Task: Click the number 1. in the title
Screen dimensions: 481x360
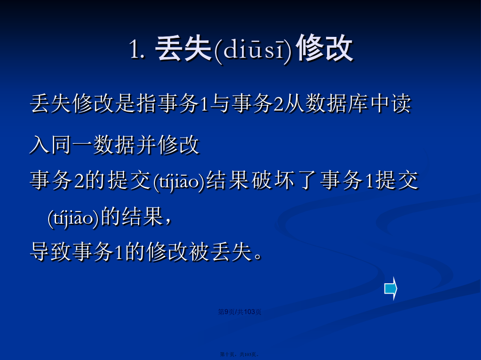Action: (x=137, y=50)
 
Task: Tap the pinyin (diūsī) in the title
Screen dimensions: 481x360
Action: (x=253, y=50)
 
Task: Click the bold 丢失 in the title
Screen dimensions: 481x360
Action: (x=183, y=48)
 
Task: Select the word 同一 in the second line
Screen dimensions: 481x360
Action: (x=72, y=145)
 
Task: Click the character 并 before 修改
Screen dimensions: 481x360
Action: (x=147, y=145)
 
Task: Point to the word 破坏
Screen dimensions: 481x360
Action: (x=272, y=180)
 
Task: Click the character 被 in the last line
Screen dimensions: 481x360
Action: (x=199, y=252)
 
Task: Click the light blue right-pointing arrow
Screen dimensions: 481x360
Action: (x=391, y=288)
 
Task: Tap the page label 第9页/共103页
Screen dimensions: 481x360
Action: (x=240, y=312)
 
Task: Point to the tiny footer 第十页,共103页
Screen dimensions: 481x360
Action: (x=240, y=355)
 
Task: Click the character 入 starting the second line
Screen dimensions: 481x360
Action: (x=40, y=145)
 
